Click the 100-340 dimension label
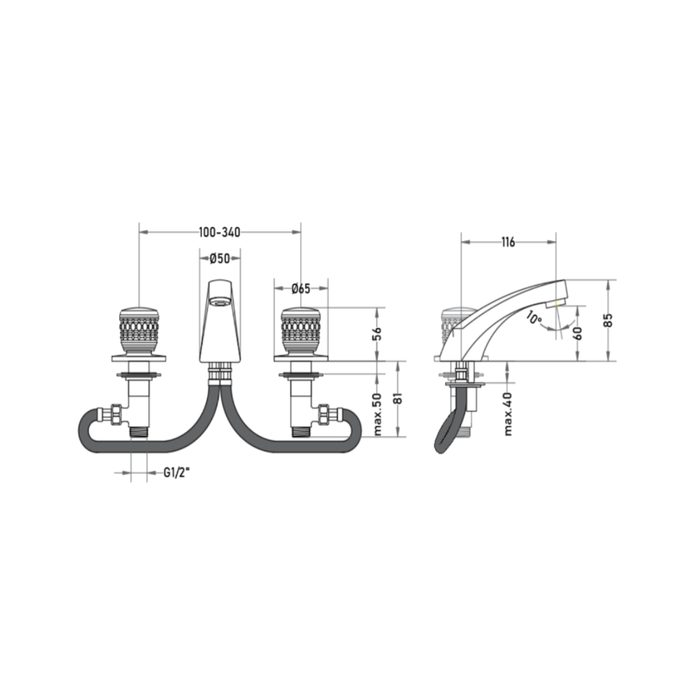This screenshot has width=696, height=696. (219, 232)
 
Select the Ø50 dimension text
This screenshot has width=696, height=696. (220, 258)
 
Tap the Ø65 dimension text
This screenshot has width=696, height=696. (301, 289)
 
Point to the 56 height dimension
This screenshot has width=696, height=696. (377, 333)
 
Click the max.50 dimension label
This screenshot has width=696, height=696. (377, 414)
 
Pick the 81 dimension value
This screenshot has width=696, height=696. (398, 398)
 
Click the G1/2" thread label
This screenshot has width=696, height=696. (177, 473)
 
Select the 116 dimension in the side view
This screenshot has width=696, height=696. (508, 242)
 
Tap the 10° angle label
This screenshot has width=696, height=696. (534, 317)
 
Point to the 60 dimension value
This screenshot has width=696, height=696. (577, 333)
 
